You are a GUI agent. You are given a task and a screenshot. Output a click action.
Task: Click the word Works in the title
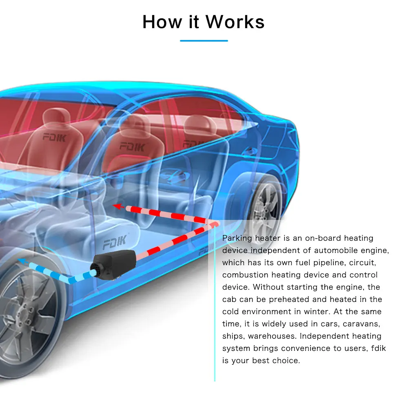click(235, 22)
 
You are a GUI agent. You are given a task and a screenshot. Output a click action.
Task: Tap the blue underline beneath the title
click(204, 41)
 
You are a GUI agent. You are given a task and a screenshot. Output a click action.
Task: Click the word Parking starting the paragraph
click(237, 238)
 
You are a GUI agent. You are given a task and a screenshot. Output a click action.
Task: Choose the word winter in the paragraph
click(316, 312)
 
